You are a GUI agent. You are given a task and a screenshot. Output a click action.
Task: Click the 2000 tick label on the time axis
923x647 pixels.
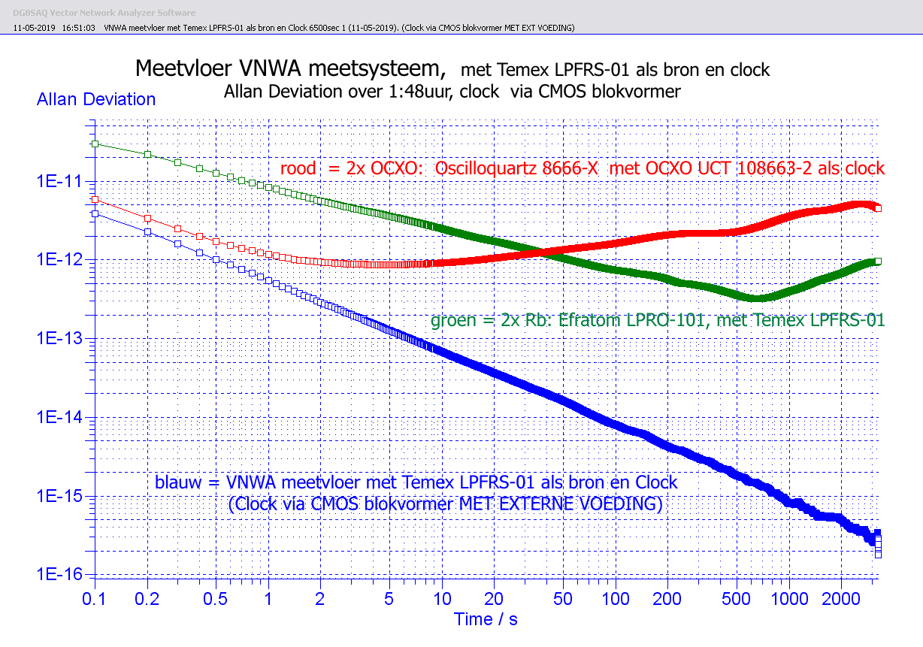point(841,599)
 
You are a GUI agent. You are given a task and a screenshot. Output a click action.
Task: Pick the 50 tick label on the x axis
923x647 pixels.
point(563,599)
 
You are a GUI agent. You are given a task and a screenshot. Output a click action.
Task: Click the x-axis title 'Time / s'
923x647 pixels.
point(486,619)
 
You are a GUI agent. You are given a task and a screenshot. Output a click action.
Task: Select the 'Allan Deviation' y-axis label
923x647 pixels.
point(96,99)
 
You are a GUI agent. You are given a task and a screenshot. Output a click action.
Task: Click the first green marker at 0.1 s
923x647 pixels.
point(95,144)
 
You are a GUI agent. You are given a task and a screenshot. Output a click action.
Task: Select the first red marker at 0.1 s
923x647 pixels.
point(95,199)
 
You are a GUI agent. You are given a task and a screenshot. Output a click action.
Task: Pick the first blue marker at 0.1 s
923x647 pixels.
point(95,213)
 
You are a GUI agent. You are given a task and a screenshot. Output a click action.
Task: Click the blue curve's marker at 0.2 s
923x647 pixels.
point(148,232)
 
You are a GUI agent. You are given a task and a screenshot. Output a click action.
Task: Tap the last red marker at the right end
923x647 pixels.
point(878,208)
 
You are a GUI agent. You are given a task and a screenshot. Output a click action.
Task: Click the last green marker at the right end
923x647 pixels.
point(878,261)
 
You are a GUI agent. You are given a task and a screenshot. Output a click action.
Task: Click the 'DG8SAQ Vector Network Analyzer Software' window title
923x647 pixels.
point(104,13)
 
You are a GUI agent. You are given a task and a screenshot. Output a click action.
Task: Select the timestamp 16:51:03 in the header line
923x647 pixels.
point(79,28)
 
